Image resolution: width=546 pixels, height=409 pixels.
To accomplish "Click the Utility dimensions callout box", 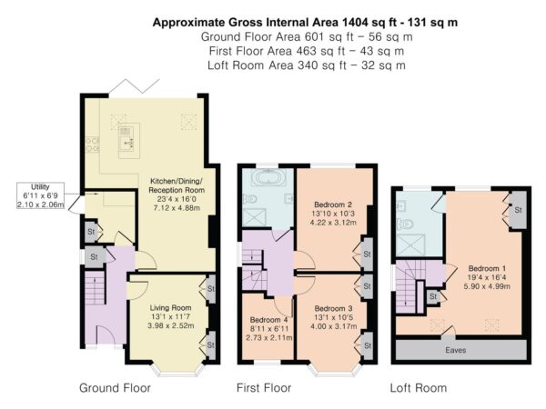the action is click(x=40, y=195).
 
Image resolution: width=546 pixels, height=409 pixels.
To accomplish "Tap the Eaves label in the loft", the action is click(x=456, y=350).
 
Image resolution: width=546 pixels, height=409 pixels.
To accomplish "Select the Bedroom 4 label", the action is click(x=268, y=320).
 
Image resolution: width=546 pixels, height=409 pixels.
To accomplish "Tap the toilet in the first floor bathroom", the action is click(x=250, y=199).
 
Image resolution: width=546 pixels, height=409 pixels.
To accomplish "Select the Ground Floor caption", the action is click(x=115, y=388).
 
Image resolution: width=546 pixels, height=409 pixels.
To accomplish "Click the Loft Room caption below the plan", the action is click(x=419, y=388).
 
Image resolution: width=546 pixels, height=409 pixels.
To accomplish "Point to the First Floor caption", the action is click(x=264, y=388).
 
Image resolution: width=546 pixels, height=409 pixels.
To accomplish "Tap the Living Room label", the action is click(x=171, y=308).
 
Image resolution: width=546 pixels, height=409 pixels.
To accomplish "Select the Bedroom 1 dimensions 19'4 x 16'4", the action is click(x=487, y=277).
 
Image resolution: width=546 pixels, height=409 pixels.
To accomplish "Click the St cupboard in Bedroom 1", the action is click(x=518, y=210).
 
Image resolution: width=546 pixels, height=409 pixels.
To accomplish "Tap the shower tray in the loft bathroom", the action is click(x=410, y=245).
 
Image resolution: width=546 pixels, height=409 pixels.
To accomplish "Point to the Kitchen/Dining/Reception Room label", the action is click(x=177, y=185).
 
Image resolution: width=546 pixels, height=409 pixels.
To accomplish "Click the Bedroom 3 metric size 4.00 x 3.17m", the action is click(x=334, y=326).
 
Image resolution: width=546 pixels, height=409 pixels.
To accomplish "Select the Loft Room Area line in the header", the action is click(x=307, y=65).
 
